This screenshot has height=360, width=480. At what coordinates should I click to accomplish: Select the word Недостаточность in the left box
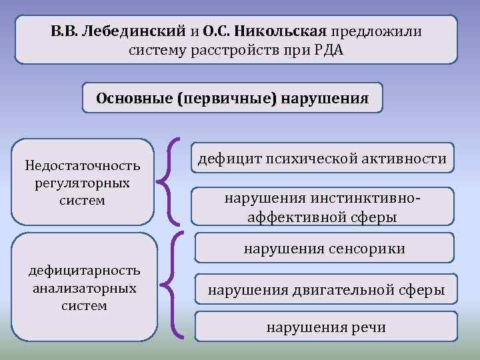tap(82, 165)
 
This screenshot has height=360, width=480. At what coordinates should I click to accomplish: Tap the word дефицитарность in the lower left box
tap(83, 270)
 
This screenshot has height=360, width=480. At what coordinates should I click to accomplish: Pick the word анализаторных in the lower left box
tap(83, 288)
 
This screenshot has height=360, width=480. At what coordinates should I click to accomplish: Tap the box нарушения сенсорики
tap(325, 249)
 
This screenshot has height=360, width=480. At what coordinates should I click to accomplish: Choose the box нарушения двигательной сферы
tap(326, 290)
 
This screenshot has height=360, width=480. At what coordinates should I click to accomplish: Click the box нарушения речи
tap(326, 327)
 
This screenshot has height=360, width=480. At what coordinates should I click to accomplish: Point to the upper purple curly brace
tap(172, 180)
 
